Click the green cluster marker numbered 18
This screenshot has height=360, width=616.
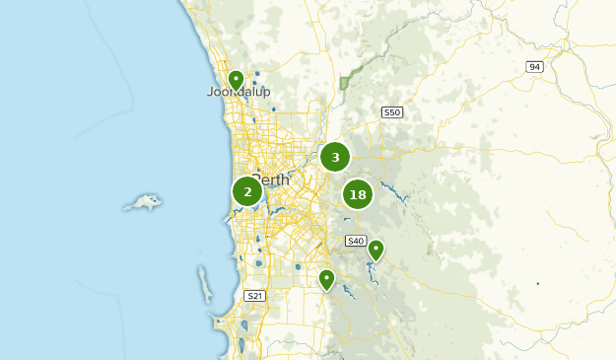[358, 194]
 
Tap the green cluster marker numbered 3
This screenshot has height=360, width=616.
[335, 157]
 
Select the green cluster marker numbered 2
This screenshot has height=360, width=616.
[247, 191]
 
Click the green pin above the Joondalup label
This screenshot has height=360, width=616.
[236, 79]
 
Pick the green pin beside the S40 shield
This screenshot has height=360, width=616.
[376, 250]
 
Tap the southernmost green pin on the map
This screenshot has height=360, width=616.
[327, 279]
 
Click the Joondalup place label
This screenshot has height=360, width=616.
[239, 93]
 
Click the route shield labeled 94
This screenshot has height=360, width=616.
[535, 67]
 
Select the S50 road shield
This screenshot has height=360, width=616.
[393, 112]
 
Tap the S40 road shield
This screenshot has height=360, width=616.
[356, 241]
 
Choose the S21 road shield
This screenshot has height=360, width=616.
[254, 296]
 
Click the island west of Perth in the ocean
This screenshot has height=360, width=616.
[144, 203]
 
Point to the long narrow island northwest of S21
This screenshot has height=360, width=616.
[204, 284]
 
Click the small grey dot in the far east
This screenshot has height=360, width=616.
[537, 284]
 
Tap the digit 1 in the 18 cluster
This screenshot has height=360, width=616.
[352, 194]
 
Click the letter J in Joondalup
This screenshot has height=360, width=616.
[210, 93]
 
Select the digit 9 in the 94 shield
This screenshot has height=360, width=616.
[532, 67]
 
